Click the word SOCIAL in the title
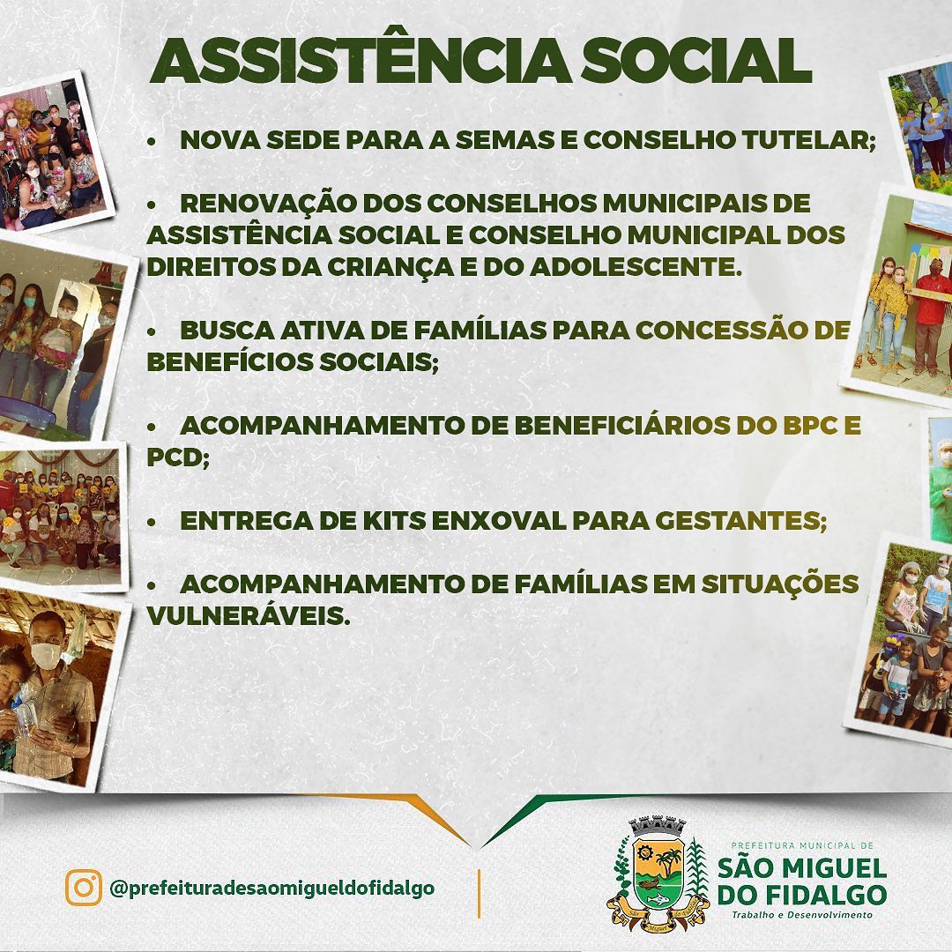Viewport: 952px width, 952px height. (x=696, y=61)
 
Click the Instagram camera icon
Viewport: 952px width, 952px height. (x=83, y=888)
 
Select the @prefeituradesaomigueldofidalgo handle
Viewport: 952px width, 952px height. (x=272, y=889)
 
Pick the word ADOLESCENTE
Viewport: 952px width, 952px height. (x=636, y=267)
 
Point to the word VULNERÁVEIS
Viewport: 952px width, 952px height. (x=249, y=616)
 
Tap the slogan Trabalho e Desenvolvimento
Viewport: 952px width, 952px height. (x=802, y=914)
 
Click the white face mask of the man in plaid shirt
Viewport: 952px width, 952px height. (x=46, y=656)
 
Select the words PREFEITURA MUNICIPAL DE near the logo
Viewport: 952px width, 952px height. (x=802, y=845)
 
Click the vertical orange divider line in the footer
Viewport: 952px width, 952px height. (x=479, y=893)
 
